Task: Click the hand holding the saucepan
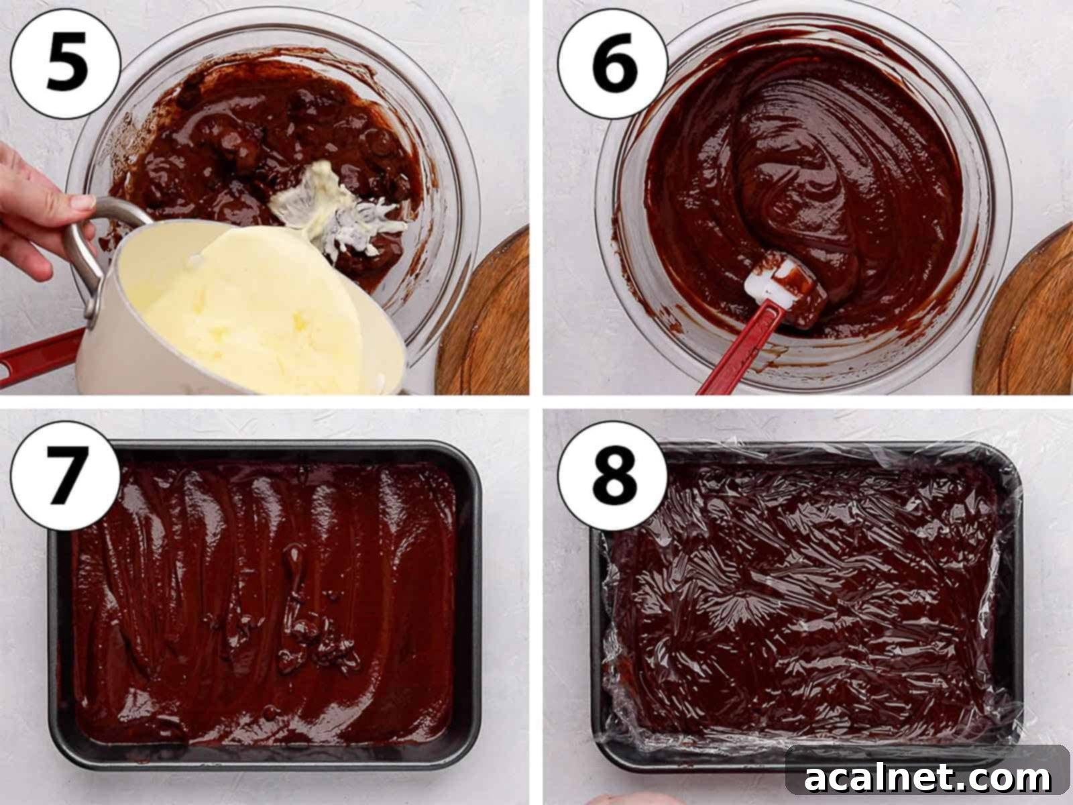coord(34,208)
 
